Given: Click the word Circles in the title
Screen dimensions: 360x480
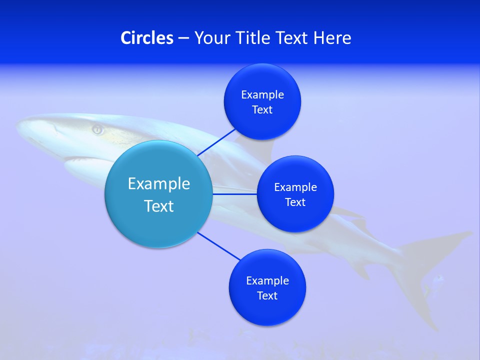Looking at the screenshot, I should tap(147, 38).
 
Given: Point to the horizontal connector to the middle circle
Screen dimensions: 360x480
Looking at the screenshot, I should tap(234, 194).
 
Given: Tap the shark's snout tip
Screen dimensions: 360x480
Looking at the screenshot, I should tap(19, 125).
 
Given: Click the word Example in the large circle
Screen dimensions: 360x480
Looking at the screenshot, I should tap(159, 184).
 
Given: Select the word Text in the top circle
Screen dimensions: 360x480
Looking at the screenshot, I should tap(262, 110).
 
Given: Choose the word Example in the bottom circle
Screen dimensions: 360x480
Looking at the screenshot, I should tap(267, 281).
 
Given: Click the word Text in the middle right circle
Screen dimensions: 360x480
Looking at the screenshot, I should tap(295, 202).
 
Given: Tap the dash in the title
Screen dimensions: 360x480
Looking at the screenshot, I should tap(183, 38).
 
